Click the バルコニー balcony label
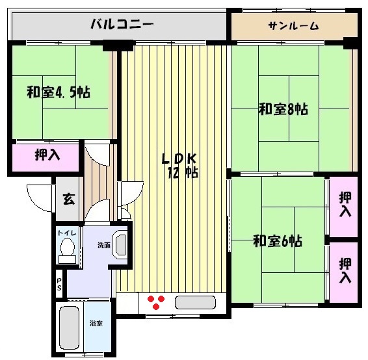pos(122,25)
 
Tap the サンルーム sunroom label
pos(293,26)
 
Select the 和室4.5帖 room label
pos(58,92)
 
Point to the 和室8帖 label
pos(283,109)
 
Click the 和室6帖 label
pos(277,242)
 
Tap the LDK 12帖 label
pos(178,166)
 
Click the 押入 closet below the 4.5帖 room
pos(47,156)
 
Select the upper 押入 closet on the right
pos(345,205)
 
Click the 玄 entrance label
pos(68,199)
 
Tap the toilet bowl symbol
pos(66,249)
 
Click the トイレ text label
pos(65,233)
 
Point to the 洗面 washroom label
pos(103,245)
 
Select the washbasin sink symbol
pos(120,245)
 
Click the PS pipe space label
pos(60,284)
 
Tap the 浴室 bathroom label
pos(95,323)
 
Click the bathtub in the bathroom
pos(69,327)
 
